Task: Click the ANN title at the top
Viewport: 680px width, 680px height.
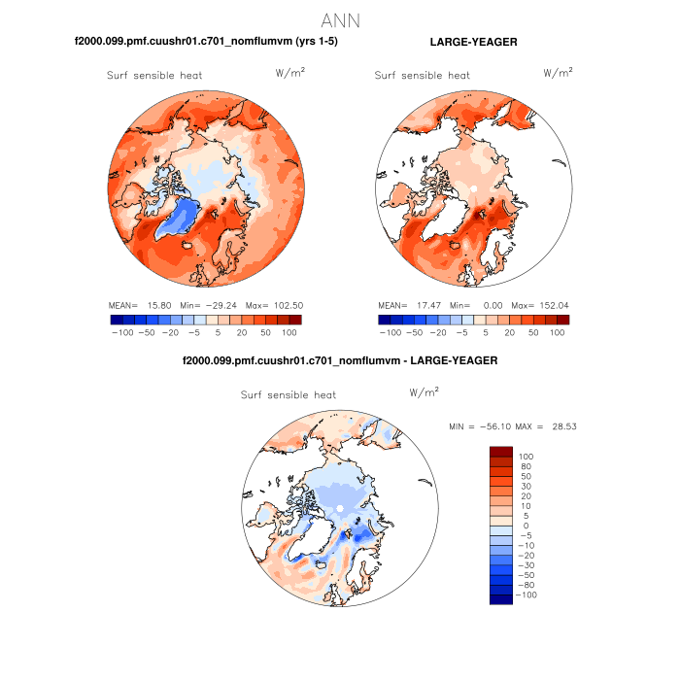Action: [340, 20]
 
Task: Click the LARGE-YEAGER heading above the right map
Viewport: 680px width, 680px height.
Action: [473, 43]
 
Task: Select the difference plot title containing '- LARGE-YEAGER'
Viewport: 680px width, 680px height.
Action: [340, 360]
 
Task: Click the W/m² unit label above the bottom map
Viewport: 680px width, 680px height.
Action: [424, 392]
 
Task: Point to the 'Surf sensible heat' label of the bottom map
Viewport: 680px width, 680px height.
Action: [288, 395]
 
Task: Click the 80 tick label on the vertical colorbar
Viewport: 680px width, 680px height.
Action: [525, 466]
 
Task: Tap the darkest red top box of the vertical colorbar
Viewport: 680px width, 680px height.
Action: [500, 451]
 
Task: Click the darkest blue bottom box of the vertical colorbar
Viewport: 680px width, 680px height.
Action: [500, 599]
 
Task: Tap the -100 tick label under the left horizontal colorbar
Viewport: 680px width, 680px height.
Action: [121, 332]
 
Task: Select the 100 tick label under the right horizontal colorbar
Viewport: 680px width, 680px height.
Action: [557, 332]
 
